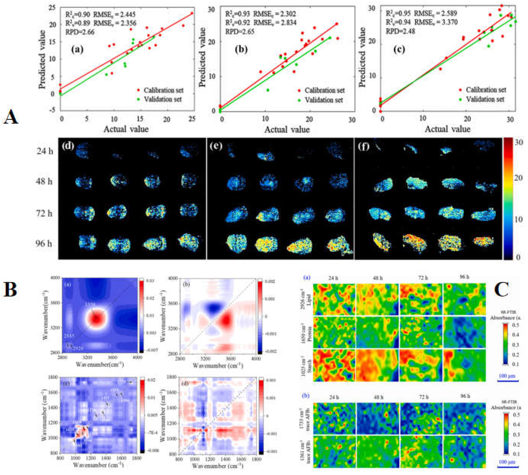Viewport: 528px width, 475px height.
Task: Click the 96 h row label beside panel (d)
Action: pos(44,243)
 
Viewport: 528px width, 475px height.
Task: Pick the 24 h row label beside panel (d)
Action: pos(44,151)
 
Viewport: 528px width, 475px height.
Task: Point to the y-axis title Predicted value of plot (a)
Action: pos(42,60)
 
